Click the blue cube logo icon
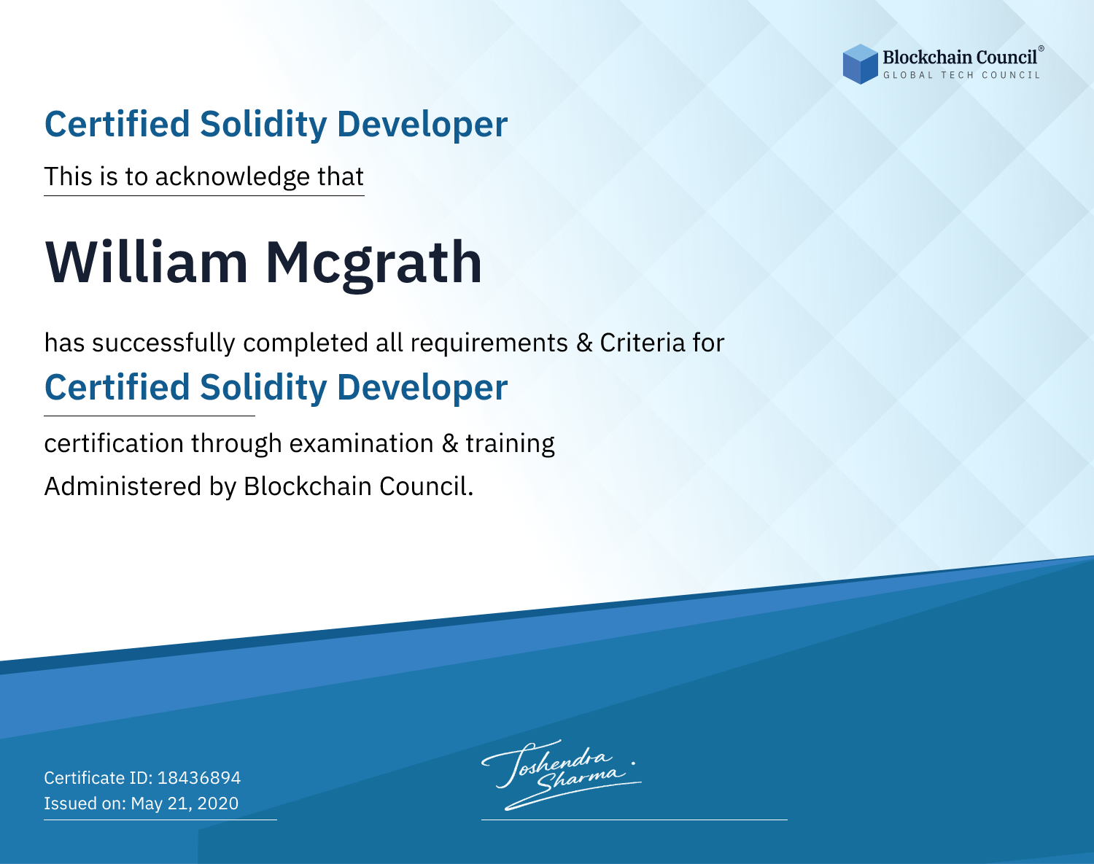click(x=860, y=64)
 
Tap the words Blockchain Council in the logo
click(x=960, y=58)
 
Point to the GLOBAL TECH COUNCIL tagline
click(x=961, y=75)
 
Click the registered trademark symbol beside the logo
click(x=1041, y=48)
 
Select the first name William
click(x=147, y=262)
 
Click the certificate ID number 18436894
click(x=199, y=777)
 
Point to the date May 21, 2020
click(x=185, y=803)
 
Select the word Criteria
click(x=642, y=343)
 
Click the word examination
click(x=362, y=443)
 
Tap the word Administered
click(x=123, y=486)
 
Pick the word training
click(x=510, y=444)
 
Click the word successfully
click(x=163, y=343)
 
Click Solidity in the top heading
click(x=263, y=125)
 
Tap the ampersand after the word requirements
click(x=584, y=343)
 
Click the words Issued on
click(x=85, y=803)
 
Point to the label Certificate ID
click(x=98, y=777)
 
